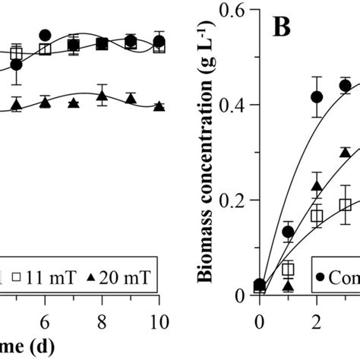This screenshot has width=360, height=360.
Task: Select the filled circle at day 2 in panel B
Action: [317, 96]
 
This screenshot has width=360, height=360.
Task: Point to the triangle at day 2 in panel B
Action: [317, 186]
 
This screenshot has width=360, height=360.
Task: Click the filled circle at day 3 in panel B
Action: [345, 86]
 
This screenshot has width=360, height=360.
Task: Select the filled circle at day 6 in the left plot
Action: [45, 35]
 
